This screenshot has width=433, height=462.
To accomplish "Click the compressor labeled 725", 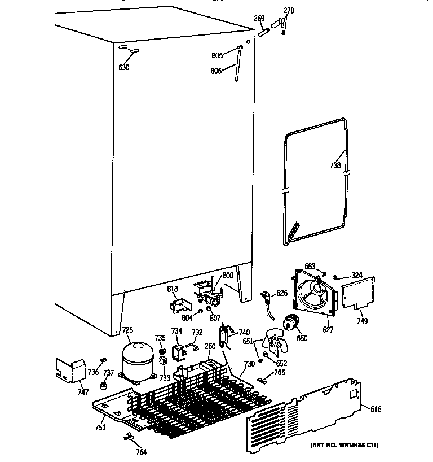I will (x=138, y=360).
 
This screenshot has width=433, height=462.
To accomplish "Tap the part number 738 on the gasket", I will (x=336, y=166).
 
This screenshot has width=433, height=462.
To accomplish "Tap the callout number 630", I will (x=123, y=68).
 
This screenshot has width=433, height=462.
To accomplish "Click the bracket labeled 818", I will (x=178, y=304).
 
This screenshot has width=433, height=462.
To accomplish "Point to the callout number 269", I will (x=259, y=19).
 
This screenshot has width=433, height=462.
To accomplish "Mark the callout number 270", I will (x=288, y=11).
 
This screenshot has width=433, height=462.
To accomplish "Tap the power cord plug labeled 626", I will (x=266, y=298).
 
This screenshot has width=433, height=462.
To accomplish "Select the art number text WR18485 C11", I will (x=344, y=446).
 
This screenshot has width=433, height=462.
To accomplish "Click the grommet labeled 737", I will (x=104, y=386).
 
